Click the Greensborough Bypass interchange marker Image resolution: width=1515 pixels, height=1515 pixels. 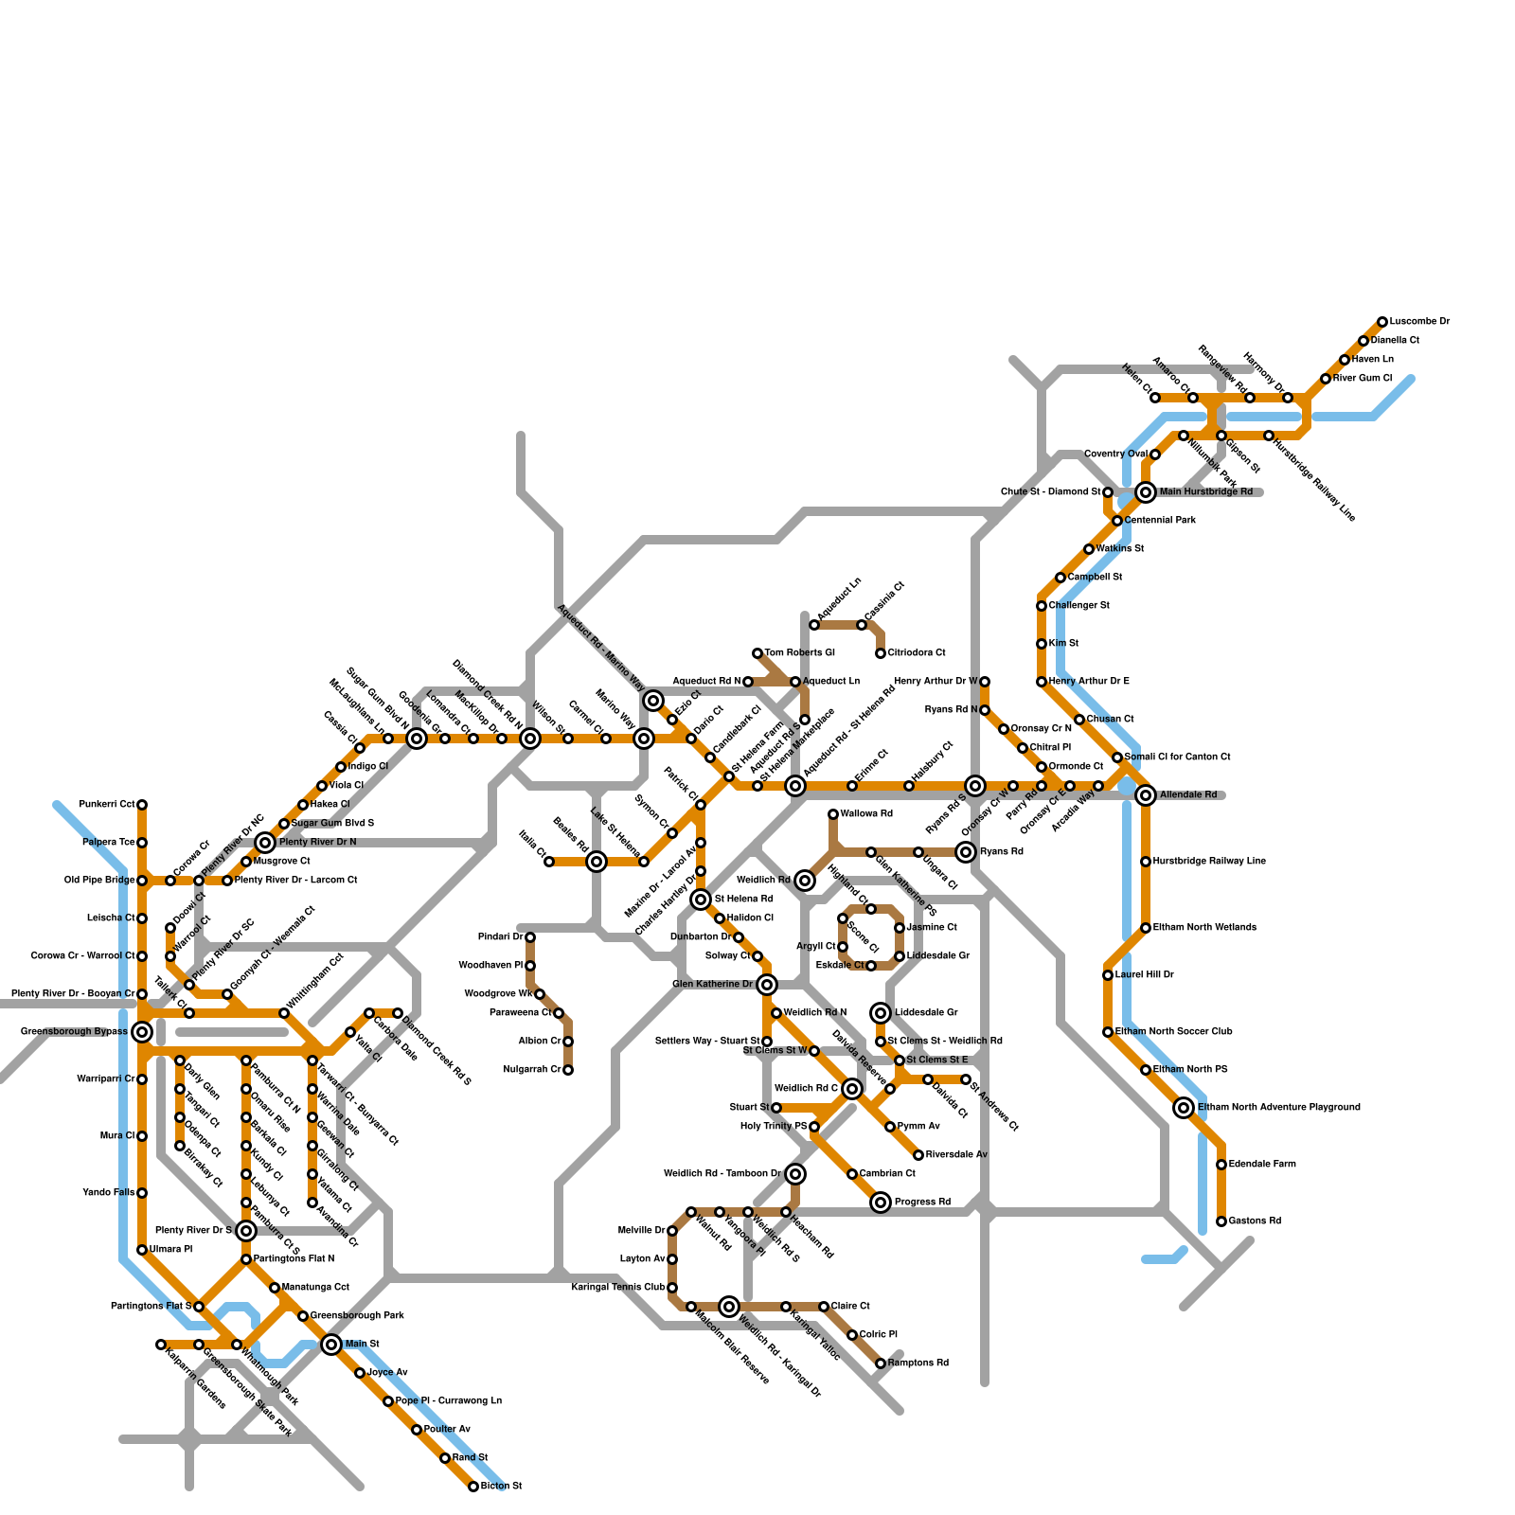coord(142,1032)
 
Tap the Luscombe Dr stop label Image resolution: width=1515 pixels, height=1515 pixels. coord(1419,322)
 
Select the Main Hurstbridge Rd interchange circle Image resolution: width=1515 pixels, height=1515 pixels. coord(1146,492)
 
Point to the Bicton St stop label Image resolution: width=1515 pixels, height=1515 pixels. coord(501,1487)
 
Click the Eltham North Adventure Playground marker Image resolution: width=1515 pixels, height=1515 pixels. coord(1184,1108)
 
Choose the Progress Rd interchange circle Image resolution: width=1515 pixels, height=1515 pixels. coord(881,1203)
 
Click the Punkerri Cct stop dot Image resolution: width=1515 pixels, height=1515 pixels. coord(142,805)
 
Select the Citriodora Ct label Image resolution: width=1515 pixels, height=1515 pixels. coord(916,653)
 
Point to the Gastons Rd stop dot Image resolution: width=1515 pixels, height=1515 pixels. coord(1221,1221)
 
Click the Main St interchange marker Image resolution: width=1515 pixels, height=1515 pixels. coord(331,1345)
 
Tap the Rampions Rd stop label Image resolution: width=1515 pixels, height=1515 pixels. coord(918,1363)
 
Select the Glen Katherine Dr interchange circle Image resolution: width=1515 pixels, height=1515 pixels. coord(767,985)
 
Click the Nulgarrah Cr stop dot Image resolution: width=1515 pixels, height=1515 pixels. coord(568,1070)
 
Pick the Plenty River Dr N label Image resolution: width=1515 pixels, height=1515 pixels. coord(317,843)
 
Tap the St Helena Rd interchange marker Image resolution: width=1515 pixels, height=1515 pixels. coord(701,900)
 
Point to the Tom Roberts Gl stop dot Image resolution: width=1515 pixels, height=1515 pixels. coord(757,653)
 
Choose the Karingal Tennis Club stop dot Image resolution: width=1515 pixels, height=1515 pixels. coord(672,1288)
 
